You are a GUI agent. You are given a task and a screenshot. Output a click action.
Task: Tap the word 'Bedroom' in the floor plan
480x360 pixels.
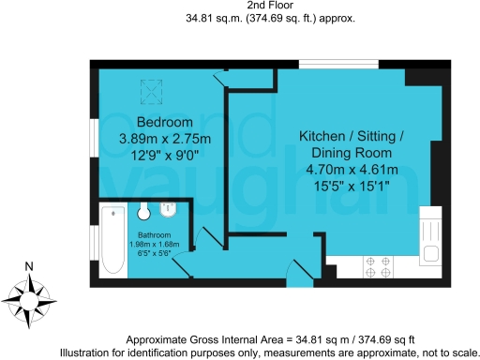[164, 123]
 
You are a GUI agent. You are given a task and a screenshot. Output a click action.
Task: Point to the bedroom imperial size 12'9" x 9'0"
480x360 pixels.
[164, 157]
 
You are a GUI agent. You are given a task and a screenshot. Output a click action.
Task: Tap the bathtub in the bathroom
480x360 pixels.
[112, 240]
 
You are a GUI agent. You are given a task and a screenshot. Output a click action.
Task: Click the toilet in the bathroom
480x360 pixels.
[145, 212]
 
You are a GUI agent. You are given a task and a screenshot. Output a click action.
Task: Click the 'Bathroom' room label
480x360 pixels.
[155, 234]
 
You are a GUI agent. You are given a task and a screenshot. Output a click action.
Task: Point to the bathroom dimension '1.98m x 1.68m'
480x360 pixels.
[155, 245]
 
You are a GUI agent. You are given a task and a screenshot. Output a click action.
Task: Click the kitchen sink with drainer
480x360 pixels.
[430, 238]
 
